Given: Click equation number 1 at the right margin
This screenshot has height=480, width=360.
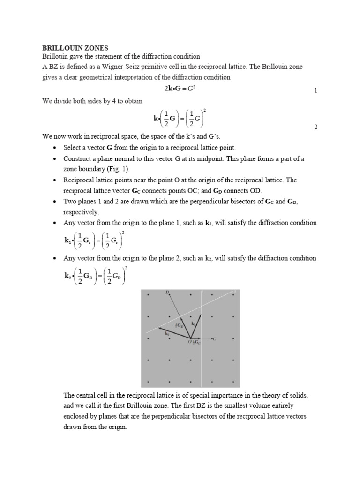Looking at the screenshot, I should pyautogui.click(x=316, y=90).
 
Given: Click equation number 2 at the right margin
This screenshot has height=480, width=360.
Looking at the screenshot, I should pyautogui.click(x=316, y=127).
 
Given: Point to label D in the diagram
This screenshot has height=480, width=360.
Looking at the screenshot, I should pyautogui.click(x=167, y=292).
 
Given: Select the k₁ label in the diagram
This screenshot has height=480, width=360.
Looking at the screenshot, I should pyautogui.click(x=193, y=323).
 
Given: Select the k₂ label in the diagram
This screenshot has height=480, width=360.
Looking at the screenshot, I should pyautogui.click(x=167, y=334).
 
